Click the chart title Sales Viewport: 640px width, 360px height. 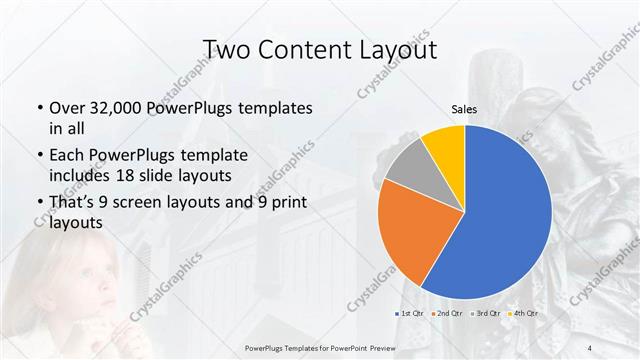(x=464, y=108)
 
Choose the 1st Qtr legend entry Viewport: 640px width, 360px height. (x=410, y=314)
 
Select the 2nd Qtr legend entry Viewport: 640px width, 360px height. (x=448, y=314)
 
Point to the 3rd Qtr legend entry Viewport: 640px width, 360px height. (x=487, y=314)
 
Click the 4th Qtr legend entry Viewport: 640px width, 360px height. (x=526, y=314)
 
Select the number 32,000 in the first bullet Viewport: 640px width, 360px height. (x=109, y=108)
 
